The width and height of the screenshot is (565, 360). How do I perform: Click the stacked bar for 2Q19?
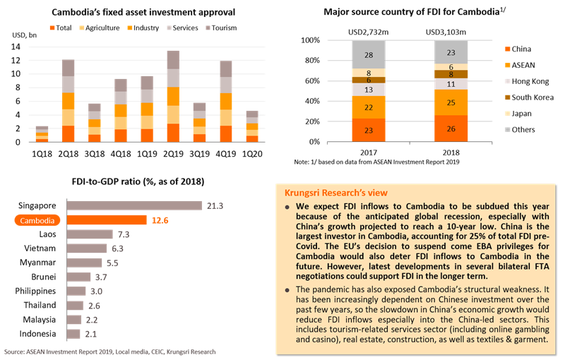pos(173,96)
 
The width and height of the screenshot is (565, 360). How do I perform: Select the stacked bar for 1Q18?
pos(42,134)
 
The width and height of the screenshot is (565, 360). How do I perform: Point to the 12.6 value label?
pos(158,220)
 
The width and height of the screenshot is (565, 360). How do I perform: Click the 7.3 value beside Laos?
pos(124,234)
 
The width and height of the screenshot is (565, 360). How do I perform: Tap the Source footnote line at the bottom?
pos(109,351)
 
